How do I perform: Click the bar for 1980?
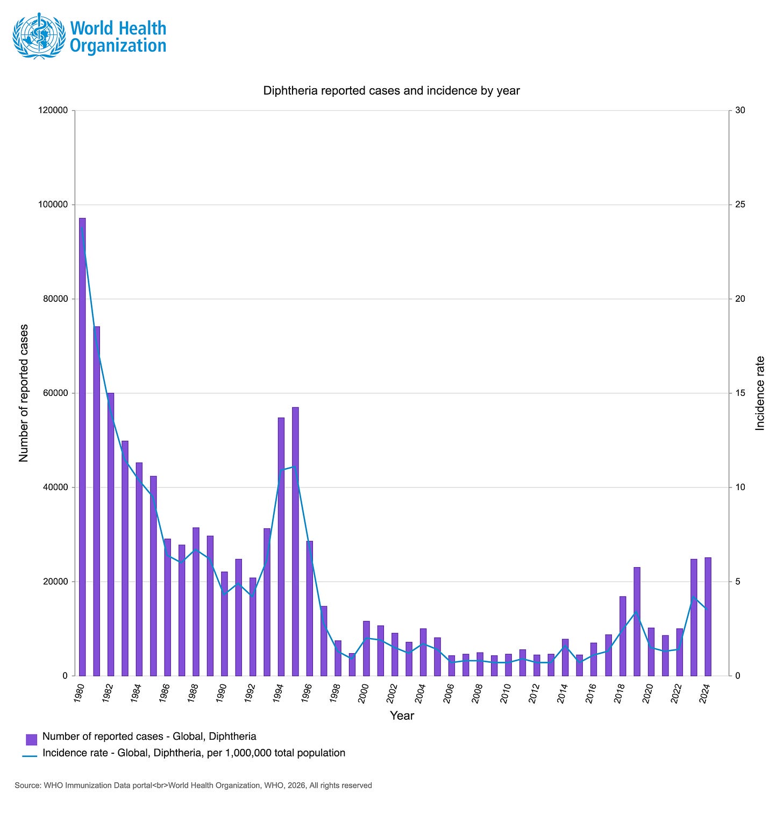point(82,447)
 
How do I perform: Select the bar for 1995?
point(295,541)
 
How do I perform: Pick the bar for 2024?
point(708,617)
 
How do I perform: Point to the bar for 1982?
point(111,534)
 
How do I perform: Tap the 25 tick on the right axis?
point(740,204)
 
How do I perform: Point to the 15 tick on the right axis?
point(740,393)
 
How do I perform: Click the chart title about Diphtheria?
point(391,90)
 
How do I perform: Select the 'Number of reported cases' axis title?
point(23,393)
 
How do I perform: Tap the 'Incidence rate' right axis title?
point(760,393)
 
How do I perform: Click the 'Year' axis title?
point(402,716)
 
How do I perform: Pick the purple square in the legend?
point(31,739)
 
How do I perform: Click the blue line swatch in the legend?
point(30,756)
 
